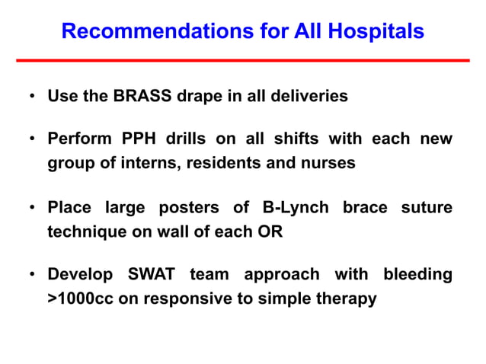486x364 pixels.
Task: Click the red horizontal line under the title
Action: tap(243, 60)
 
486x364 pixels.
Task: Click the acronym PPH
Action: tap(137, 140)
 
